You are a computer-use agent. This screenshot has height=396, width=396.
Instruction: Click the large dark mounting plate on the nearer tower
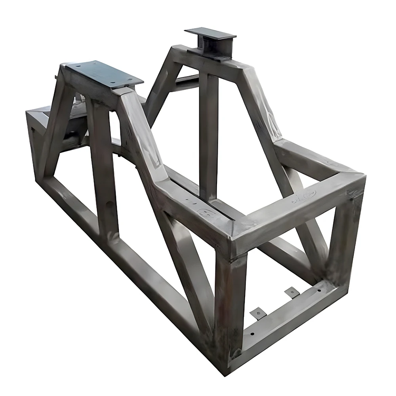(x=104, y=74)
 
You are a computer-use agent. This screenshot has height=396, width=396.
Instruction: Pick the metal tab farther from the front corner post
(x=292, y=293)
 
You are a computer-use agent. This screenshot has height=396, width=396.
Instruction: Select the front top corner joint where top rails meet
(x=234, y=238)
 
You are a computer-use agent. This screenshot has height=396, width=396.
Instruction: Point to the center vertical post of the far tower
(x=208, y=131)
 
